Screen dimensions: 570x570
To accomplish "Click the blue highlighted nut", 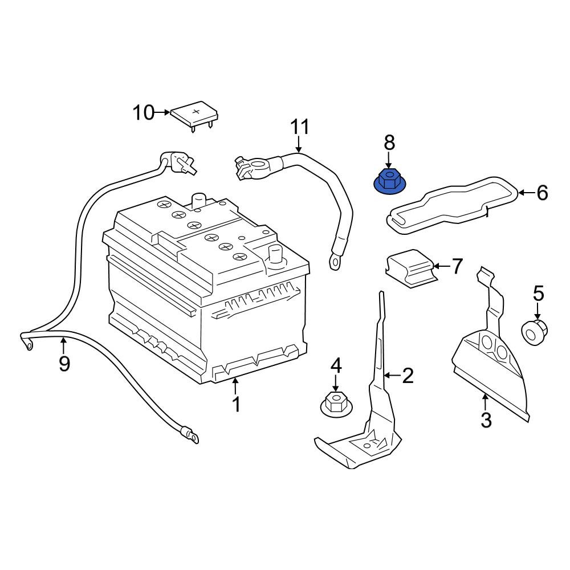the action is [x=390, y=182].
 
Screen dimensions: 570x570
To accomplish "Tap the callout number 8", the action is [x=389, y=143].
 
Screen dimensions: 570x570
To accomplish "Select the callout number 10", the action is [x=143, y=112].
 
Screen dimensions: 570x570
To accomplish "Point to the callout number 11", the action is [x=300, y=127].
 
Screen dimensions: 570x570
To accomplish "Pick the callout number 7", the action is [x=457, y=266].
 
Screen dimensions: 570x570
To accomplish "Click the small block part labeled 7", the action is [x=412, y=268].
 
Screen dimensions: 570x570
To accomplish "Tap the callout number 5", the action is [x=538, y=293].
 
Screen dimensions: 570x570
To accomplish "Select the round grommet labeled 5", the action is [x=535, y=332].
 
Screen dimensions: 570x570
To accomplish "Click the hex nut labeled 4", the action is [x=336, y=405].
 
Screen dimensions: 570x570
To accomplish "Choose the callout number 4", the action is [x=336, y=365].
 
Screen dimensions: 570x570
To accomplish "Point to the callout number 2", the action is [x=408, y=375].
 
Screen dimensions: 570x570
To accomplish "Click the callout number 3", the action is [x=486, y=420].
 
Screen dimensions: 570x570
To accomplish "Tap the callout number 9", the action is [x=64, y=363].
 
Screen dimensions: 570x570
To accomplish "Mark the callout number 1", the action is [x=237, y=404].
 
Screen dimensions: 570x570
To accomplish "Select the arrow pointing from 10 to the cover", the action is [x=162, y=112].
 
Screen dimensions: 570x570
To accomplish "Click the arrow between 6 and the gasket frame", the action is [x=526, y=192].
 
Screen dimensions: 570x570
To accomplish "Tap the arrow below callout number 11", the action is [x=299, y=144].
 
